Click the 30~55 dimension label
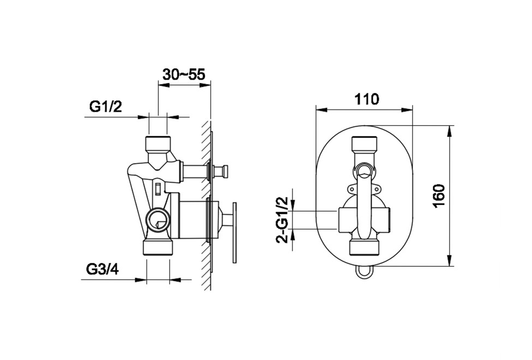pos(184,74)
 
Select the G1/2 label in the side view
pos(105,107)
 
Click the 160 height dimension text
pos(439,196)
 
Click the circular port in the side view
pos(157,219)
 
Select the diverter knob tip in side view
pos(224,169)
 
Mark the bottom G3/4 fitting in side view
pos(158,247)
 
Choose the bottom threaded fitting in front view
pos(364,247)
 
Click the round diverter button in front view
pos(364,169)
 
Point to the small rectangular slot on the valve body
pos(158,188)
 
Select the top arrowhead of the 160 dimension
pos(450,131)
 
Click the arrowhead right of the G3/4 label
pos(175,280)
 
